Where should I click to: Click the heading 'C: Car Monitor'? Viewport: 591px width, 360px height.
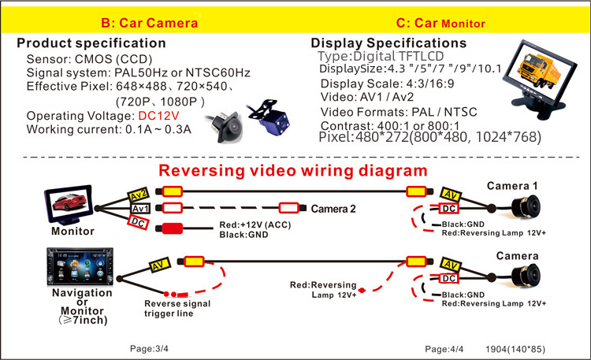click(x=440, y=23)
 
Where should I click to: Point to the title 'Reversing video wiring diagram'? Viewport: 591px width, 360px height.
click(x=293, y=170)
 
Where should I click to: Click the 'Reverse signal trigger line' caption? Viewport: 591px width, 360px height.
click(x=179, y=308)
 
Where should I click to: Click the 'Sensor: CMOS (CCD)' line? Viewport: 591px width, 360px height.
click(x=88, y=60)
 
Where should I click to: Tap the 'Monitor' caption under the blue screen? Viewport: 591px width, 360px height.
click(x=72, y=232)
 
